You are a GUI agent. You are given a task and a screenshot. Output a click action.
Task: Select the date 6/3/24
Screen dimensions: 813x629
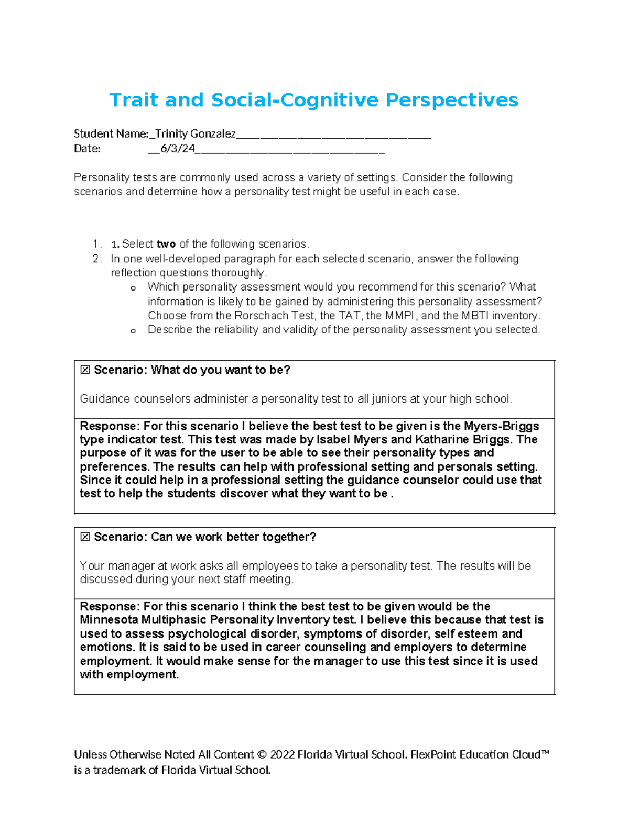[178, 149]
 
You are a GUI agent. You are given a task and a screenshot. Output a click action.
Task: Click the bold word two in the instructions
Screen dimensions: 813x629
[166, 244]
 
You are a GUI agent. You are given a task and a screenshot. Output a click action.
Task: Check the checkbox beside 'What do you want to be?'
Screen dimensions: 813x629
[85, 370]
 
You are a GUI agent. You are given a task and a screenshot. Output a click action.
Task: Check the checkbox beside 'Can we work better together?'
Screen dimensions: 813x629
[85, 537]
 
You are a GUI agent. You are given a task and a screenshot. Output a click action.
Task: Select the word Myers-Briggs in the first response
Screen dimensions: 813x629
[502, 426]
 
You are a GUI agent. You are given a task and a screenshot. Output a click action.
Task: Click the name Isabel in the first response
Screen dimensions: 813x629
[334, 440]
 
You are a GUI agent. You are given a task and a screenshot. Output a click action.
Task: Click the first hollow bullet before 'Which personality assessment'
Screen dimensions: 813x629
[133, 288]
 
